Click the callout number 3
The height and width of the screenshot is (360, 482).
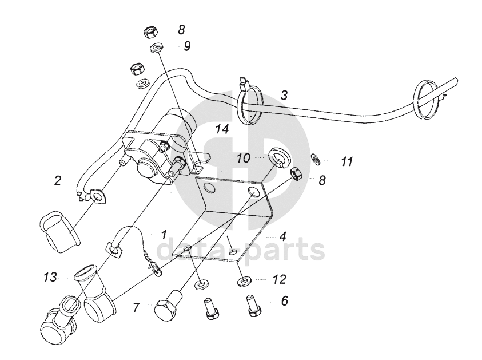[284, 95]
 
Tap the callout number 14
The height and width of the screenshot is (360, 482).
[222, 130]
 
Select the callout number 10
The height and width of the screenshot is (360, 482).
[244, 157]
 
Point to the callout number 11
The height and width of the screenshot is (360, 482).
[346, 162]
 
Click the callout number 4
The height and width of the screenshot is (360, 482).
[282, 235]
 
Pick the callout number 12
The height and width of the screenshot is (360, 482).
[279, 280]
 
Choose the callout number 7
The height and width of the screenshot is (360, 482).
[136, 308]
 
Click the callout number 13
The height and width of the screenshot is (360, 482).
[50, 278]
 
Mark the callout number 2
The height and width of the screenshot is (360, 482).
[58, 181]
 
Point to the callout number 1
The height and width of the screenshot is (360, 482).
[164, 235]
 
